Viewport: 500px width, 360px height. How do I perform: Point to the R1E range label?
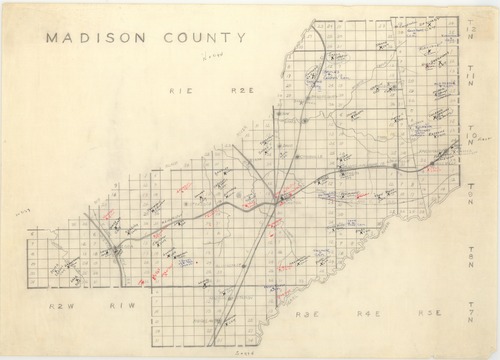pyautogui.click(x=181, y=90)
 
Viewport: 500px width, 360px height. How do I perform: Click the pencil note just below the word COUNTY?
pyautogui.click(x=208, y=59)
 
